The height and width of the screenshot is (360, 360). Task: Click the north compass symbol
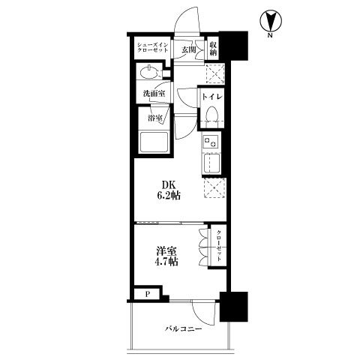pyautogui.click(x=271, y=23)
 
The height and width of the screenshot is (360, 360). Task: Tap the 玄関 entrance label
pyautogui.click(x=188, y=50)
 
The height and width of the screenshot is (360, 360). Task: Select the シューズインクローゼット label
pyautogui.click(x=152, y=47)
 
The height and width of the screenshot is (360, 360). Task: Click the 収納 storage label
pyautogui.click(x=214, y=49)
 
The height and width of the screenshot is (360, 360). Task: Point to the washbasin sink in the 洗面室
pyautogui.click(x=149, y=73)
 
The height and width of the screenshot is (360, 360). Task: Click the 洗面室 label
pyautogui.click(x=154, y=94)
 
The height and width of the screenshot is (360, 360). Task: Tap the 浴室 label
pyautogui.click(x=154, y=118)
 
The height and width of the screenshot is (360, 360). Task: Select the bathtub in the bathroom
pyautogui.click(x=154, y=142)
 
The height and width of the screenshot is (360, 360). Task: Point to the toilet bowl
pyautogui.click(x=212, y=115)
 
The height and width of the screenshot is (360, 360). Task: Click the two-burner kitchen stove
pyautogui.click(x=211, y=142)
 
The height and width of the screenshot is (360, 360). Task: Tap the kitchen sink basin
pyautogui.click(x=211, y=163)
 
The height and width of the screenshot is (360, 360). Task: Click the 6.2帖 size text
pyautogui.click(x=169, y=196)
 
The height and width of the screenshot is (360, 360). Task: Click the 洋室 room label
pyautogui.click(x=166, y=251)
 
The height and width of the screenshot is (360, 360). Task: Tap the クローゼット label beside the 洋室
pyautogui.click(x=219, y=245)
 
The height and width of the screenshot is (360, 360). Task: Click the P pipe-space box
pyautogui.click(x=147, y=294)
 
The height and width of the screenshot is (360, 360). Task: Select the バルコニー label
pyautogui.click(x=183, y=328)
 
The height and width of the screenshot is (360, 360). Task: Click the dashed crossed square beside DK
pyautogui.click(x=214, y=188)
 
